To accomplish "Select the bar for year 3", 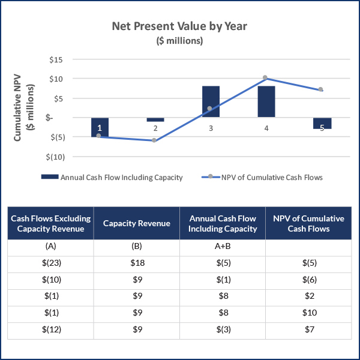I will tap(211, 101).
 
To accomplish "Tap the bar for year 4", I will tap(266, 101).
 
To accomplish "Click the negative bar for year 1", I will tap(100, 127).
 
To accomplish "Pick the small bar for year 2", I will tap(155, 119).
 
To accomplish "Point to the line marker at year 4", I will tap(265, 78).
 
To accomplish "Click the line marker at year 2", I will tap(154, 140).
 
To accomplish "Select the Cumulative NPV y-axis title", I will tap(23, 109).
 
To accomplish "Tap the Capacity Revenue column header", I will tap(136, 223).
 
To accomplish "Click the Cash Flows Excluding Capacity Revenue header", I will tap(51, 223).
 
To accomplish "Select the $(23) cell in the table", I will tap(51, 262).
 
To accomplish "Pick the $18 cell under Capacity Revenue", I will tap(136, 262).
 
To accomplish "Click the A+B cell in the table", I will tap(222, 245).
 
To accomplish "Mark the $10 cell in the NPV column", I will tap(308, 312).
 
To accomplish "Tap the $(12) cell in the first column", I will tap(51, 329).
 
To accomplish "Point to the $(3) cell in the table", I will tap(222, 329).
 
